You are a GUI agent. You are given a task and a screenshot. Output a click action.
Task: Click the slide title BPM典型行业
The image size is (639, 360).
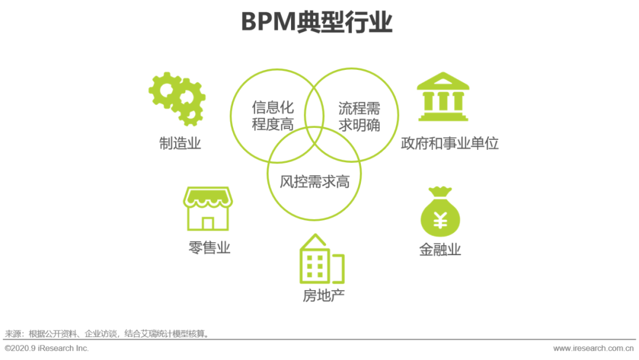click(x=317, y=23)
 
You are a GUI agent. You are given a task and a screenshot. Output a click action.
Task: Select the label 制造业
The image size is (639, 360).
click(x=180, y=143)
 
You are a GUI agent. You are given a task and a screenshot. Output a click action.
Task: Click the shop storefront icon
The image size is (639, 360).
click(x=208, y=208)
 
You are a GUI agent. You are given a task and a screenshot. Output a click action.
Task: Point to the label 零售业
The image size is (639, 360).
click(x=209, y=247)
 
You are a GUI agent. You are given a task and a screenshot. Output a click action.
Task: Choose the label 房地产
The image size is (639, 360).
click(x=324, y=295)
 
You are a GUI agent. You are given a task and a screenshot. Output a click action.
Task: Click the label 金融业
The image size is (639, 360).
click(x=440, y=249)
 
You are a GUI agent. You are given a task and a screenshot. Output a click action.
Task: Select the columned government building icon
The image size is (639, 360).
click(x=443, y=98)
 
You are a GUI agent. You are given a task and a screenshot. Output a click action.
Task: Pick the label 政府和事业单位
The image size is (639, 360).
click(x=450, y=143)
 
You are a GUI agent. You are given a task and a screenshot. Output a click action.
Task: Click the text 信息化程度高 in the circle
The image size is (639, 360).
click(x=273, y=116)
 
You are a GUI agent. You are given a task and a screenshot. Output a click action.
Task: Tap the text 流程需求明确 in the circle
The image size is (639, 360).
click(x=359, y=116)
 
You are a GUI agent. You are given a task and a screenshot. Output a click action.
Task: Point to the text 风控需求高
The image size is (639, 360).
click(x=315, y=182)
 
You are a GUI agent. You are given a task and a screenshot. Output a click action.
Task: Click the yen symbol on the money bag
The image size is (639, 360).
click(x=440, y=220)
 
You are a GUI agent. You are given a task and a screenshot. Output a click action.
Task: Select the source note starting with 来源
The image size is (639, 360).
click(x=107, y=334)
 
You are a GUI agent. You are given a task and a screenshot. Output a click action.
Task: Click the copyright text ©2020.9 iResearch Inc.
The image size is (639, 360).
click(x=47, y=348)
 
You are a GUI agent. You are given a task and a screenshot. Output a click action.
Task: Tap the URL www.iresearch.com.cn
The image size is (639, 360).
click(x=594, y=348)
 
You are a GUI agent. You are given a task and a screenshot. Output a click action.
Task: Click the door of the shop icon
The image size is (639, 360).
click(x=208, y=223)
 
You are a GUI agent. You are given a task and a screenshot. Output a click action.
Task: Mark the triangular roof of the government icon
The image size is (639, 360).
click(x=443, y=81)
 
